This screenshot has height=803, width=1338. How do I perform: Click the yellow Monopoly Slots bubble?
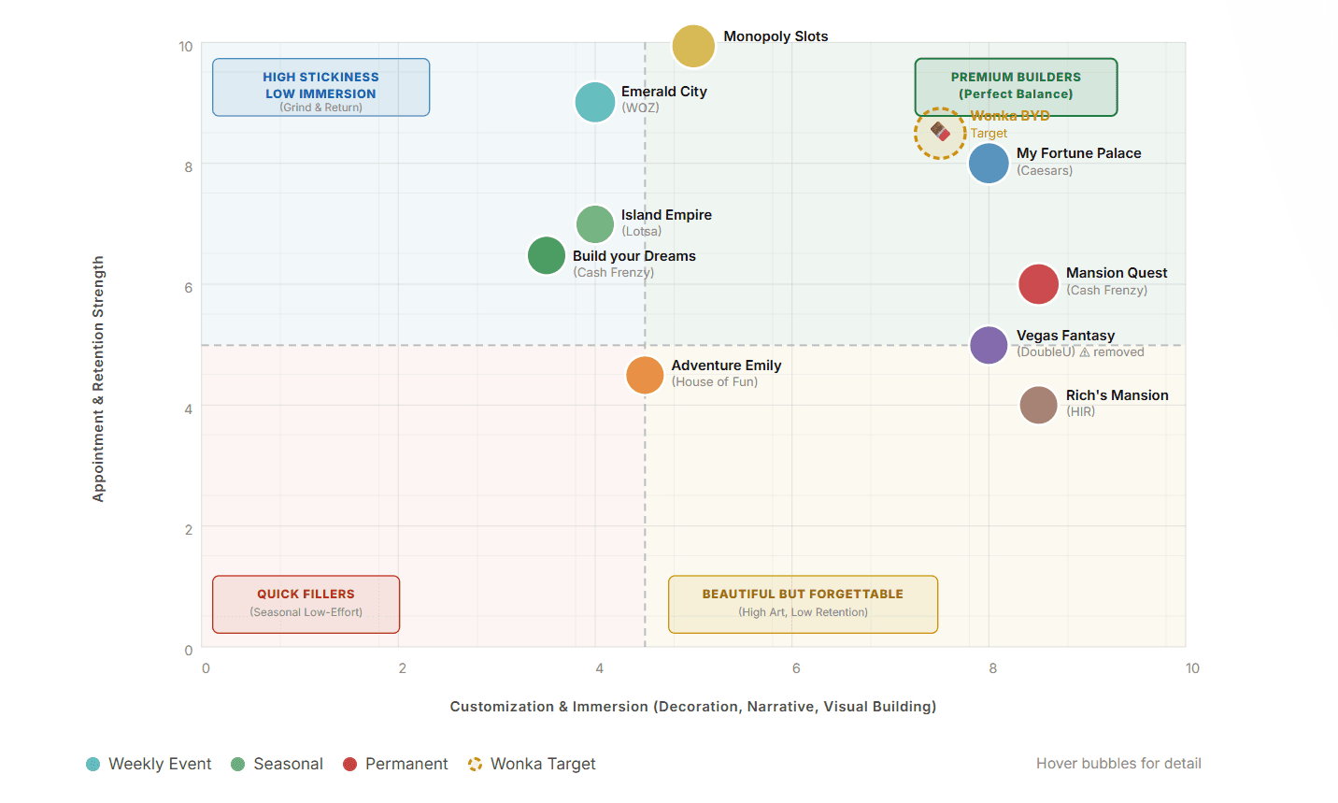coord(693,46)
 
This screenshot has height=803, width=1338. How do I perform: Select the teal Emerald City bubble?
coord(595,102)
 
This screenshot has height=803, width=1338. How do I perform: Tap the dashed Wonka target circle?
coord(940,134)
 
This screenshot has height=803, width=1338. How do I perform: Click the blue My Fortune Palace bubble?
coord(989,164)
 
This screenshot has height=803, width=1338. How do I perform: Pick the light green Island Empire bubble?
coord(595,224)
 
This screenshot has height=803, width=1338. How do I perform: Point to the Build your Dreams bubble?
coord(547,255)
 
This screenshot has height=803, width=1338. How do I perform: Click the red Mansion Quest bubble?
coord(1038,284)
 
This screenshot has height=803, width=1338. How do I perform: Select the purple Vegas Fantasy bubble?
coord(989,345)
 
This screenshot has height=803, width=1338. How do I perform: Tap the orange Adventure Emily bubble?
coord(645,375)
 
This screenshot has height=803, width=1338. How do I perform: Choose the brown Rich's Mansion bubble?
coord(1038,405)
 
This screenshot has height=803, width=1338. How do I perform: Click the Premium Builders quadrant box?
coord(1016,86)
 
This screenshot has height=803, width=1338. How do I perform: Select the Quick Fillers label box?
coord(306,604)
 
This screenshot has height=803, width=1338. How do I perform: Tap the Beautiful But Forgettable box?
coord(803,604)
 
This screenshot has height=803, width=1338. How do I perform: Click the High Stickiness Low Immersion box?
coord(320,87)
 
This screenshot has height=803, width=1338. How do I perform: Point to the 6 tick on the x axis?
coord(796,668)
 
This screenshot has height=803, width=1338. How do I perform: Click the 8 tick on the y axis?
coord(189,167)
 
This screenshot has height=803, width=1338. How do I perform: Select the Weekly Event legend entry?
coord(149,764)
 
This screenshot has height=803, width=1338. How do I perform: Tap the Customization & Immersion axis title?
coord(692,707)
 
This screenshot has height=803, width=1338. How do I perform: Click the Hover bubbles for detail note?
coord(1118,764)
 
